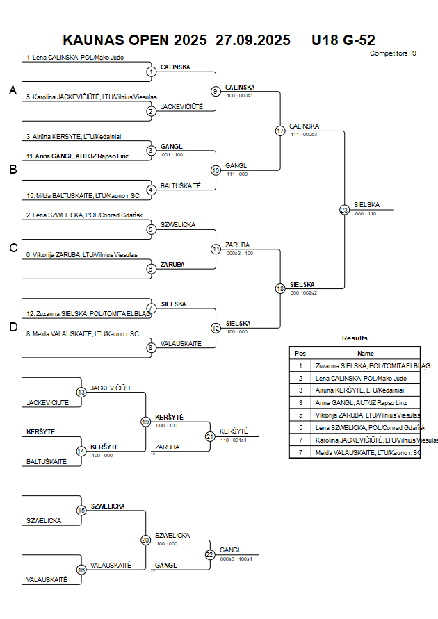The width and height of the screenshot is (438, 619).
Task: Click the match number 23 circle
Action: coord(344,209)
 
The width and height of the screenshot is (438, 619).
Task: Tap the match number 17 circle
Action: coord(280,131)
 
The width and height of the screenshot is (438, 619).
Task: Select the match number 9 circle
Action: coord(216,91)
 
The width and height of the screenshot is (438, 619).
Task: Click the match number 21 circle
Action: coord(210,436)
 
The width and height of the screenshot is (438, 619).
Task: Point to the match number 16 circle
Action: coord(81,570)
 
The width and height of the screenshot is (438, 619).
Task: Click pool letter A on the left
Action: coord(12,90)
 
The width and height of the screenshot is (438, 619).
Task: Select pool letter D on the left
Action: coord(12,327)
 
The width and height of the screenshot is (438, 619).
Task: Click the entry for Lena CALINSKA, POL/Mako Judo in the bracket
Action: coord(74,58)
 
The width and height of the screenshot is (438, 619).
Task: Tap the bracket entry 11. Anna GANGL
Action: coord(77,156)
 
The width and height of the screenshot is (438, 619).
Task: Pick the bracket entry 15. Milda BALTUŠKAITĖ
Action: coord(83,196)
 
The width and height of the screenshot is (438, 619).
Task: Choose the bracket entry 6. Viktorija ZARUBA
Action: coord(81,255)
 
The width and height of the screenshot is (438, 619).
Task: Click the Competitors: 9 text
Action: coord(393,53)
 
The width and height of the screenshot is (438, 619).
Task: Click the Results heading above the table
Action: coord(355,338)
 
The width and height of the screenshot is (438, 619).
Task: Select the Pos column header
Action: coord(300,353)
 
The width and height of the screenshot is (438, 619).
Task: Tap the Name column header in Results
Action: coord(366,353)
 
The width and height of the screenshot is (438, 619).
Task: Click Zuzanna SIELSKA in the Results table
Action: coord(372,365)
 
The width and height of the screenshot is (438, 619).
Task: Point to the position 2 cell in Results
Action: coord(300,379)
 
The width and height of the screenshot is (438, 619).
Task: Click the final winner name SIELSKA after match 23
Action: coord(366,205)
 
